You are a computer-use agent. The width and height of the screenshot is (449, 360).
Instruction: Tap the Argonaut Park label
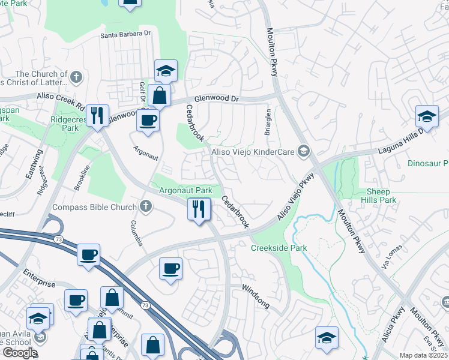click(185, 191)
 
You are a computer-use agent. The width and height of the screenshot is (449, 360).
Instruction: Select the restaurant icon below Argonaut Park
click(199, 209)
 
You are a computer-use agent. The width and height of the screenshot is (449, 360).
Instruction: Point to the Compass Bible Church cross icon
click(145, 207)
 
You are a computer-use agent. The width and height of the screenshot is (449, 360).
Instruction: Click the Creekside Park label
click(279, 248)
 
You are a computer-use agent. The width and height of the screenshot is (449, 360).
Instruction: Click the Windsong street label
click(255, 296)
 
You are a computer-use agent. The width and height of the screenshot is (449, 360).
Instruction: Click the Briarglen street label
click(268, 121)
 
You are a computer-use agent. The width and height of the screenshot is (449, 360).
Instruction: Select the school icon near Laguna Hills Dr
click(427, 116)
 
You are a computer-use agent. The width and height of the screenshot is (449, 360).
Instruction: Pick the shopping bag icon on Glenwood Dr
click(159, 95)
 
